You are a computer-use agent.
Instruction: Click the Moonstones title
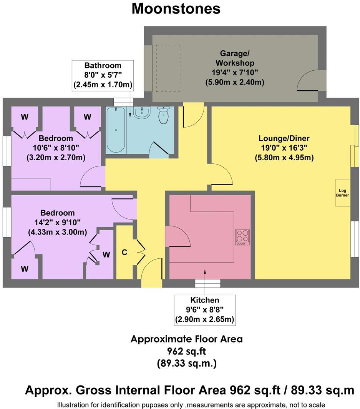(x=176, y=8)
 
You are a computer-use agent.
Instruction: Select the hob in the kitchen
(x=242, y=237)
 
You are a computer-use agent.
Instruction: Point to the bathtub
(x=115, y=130)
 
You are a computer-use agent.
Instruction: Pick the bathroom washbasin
(x=142, y=113)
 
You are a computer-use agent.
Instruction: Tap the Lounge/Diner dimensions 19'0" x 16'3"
(x=284, y=148)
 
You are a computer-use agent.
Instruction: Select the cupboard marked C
(x=124, y=253)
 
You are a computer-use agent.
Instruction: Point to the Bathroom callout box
(x=103, y=75)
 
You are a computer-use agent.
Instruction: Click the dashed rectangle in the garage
(x=168, y=68)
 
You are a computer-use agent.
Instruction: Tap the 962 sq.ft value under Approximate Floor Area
(x=186, y=351)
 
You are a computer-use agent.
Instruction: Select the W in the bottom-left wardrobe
(x=25, y=269)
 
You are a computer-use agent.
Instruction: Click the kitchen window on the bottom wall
(x=208, y=284)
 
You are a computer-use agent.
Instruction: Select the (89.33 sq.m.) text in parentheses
(x=186, y=363)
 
